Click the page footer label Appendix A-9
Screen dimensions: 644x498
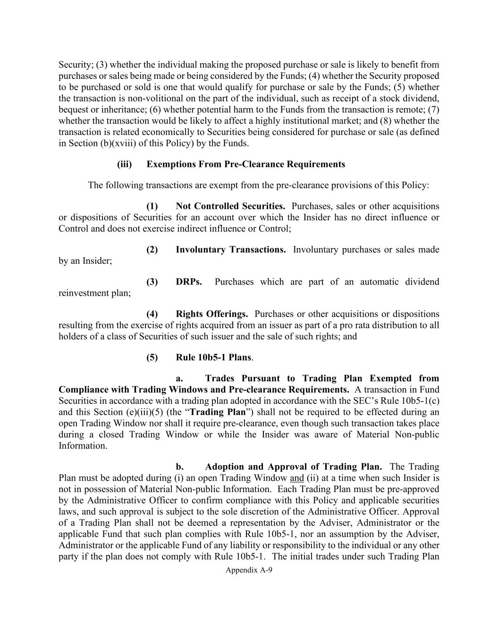(249, 570)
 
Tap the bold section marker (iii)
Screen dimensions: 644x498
(125, 164)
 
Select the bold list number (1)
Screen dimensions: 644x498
(152, 206)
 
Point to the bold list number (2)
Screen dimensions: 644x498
(152, 250)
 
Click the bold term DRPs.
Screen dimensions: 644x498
(189, 282)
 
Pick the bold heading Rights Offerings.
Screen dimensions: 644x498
(211, 314)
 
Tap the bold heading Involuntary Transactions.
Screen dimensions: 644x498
(230, 250)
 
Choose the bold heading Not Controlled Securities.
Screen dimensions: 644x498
(230, 206)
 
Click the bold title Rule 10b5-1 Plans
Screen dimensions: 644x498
(213, 357)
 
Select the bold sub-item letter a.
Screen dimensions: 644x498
(179, 378)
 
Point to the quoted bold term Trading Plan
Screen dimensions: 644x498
(218, 412)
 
